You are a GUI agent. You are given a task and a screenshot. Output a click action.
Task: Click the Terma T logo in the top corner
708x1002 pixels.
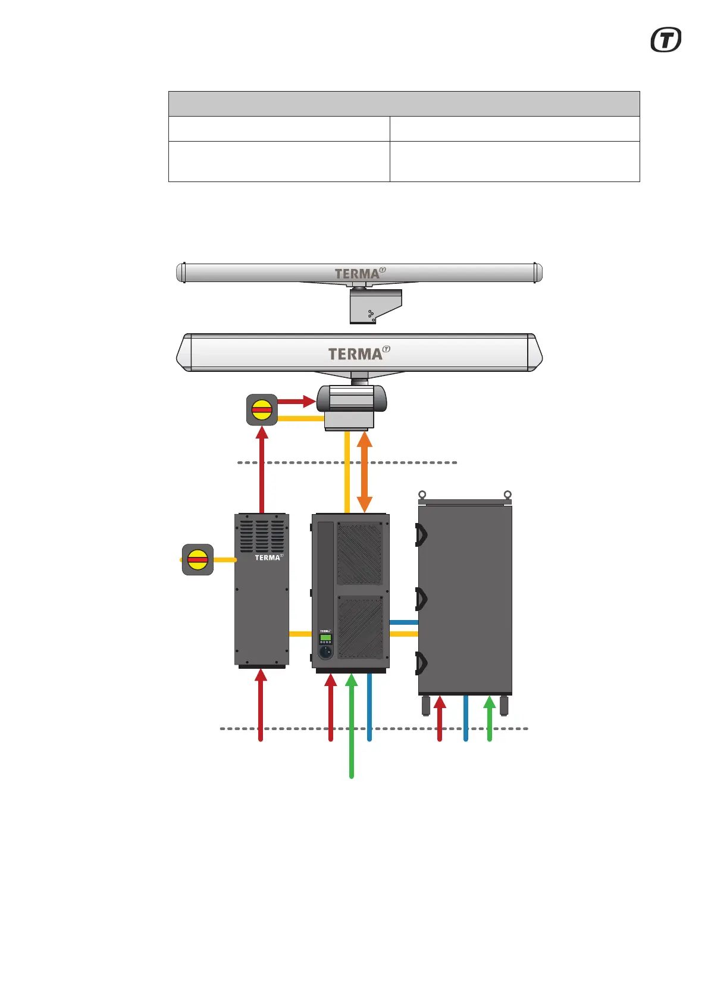click(x=666, y=40)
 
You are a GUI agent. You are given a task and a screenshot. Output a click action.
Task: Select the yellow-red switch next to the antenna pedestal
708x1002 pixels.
click(x=262, y=409)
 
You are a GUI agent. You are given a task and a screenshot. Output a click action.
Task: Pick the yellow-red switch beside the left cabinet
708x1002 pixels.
click(x=198, y=559)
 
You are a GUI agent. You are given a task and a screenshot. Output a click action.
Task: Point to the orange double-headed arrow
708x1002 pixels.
click(x=364, y=472)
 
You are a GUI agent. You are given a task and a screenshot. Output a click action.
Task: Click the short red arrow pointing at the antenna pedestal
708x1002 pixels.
click(x=296, y=402)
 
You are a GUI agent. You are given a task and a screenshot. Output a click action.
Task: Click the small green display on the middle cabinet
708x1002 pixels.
click(x=325, y=637)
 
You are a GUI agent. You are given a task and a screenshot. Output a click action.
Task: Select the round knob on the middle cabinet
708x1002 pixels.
click(x=325, y=652)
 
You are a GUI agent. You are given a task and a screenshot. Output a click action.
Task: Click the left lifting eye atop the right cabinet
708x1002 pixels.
click(x=422, y=494)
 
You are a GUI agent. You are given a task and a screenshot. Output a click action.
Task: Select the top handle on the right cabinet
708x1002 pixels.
click(x=421, y=535)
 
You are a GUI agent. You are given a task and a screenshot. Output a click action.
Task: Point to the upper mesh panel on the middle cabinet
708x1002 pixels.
click(x=360, y=553)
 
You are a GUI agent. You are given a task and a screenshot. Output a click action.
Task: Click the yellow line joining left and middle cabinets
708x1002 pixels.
click(x=300, y=634)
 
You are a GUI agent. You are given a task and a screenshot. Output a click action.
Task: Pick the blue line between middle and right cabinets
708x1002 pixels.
click(x=404, y=622)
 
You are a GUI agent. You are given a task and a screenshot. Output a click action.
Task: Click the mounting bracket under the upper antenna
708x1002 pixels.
click(x=375, y=306)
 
